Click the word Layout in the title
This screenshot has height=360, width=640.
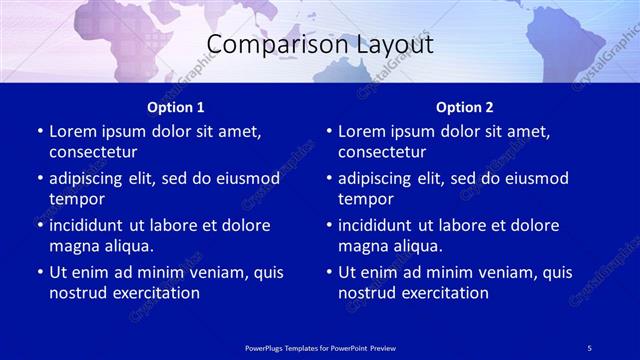(x=393, y=45)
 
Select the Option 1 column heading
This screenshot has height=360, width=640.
(x=176, y=107)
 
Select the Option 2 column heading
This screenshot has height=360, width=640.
(x=465, y=107)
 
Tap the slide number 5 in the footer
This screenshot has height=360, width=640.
(x=590, y=348)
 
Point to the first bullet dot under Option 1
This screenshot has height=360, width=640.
(x=40, y=131)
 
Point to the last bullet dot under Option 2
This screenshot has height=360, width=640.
(x=329, y=272)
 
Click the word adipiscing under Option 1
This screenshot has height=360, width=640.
(x=89, y=178)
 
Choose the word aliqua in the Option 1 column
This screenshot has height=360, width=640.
(x=125, y=246)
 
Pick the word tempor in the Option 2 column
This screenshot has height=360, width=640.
(x=364, y=199)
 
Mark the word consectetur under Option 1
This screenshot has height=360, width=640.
(x=93, y=152)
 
